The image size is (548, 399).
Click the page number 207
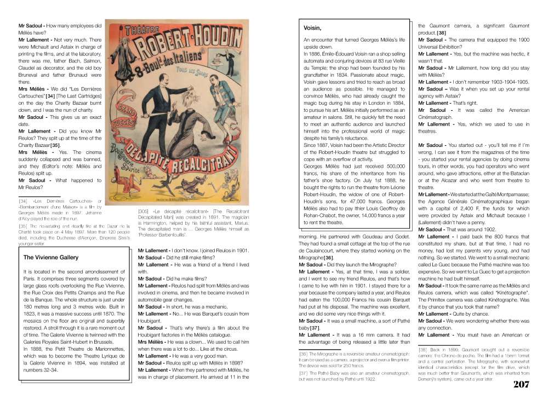coord(521,383)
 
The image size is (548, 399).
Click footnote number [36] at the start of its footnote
coord(303,354)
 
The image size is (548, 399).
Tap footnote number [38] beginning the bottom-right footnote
coord(423,349)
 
